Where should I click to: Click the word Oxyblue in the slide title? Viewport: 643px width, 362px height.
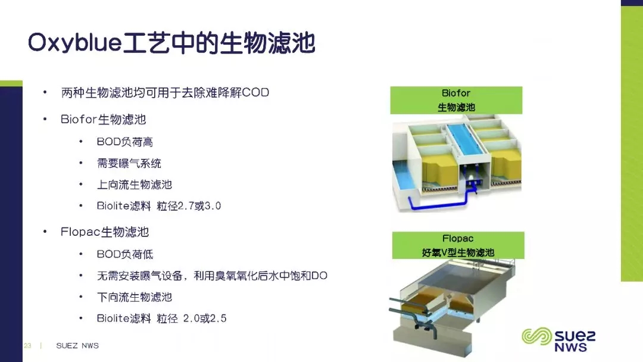click(x=75, y=43)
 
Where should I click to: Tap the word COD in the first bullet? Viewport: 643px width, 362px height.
click(x=255, y=92)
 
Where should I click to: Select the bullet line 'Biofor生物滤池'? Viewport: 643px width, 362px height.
click(x=104, y=119)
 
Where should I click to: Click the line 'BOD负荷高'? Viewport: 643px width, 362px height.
click(x=124, y=142)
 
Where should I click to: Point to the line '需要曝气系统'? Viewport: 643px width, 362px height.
click(x=129, y=163)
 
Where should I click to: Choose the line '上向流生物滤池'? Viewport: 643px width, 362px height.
click(x=134, y=185)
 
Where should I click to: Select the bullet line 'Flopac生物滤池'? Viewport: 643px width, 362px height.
click(x=105, y=232)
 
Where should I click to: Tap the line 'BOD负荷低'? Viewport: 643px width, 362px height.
click(x=124, y=254)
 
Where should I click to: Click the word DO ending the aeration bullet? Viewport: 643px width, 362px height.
click(x=319, y=276)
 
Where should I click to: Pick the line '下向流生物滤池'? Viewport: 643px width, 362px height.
click(x=134, y=297)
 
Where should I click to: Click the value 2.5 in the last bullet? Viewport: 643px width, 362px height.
click(x=218, y=318)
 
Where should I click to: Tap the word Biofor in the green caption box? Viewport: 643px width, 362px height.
click(x=456, y=93)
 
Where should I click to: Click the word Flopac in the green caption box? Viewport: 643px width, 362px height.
click(x=458, y=238)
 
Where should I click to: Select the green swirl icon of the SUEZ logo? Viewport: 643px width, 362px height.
click(x=537, y=336)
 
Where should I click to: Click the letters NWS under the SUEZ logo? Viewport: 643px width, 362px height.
click(x=570, y=347)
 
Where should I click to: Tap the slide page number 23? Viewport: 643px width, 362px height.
click(x=27, y=345)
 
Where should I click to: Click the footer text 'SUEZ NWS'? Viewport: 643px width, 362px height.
click(x=77, y=345)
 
